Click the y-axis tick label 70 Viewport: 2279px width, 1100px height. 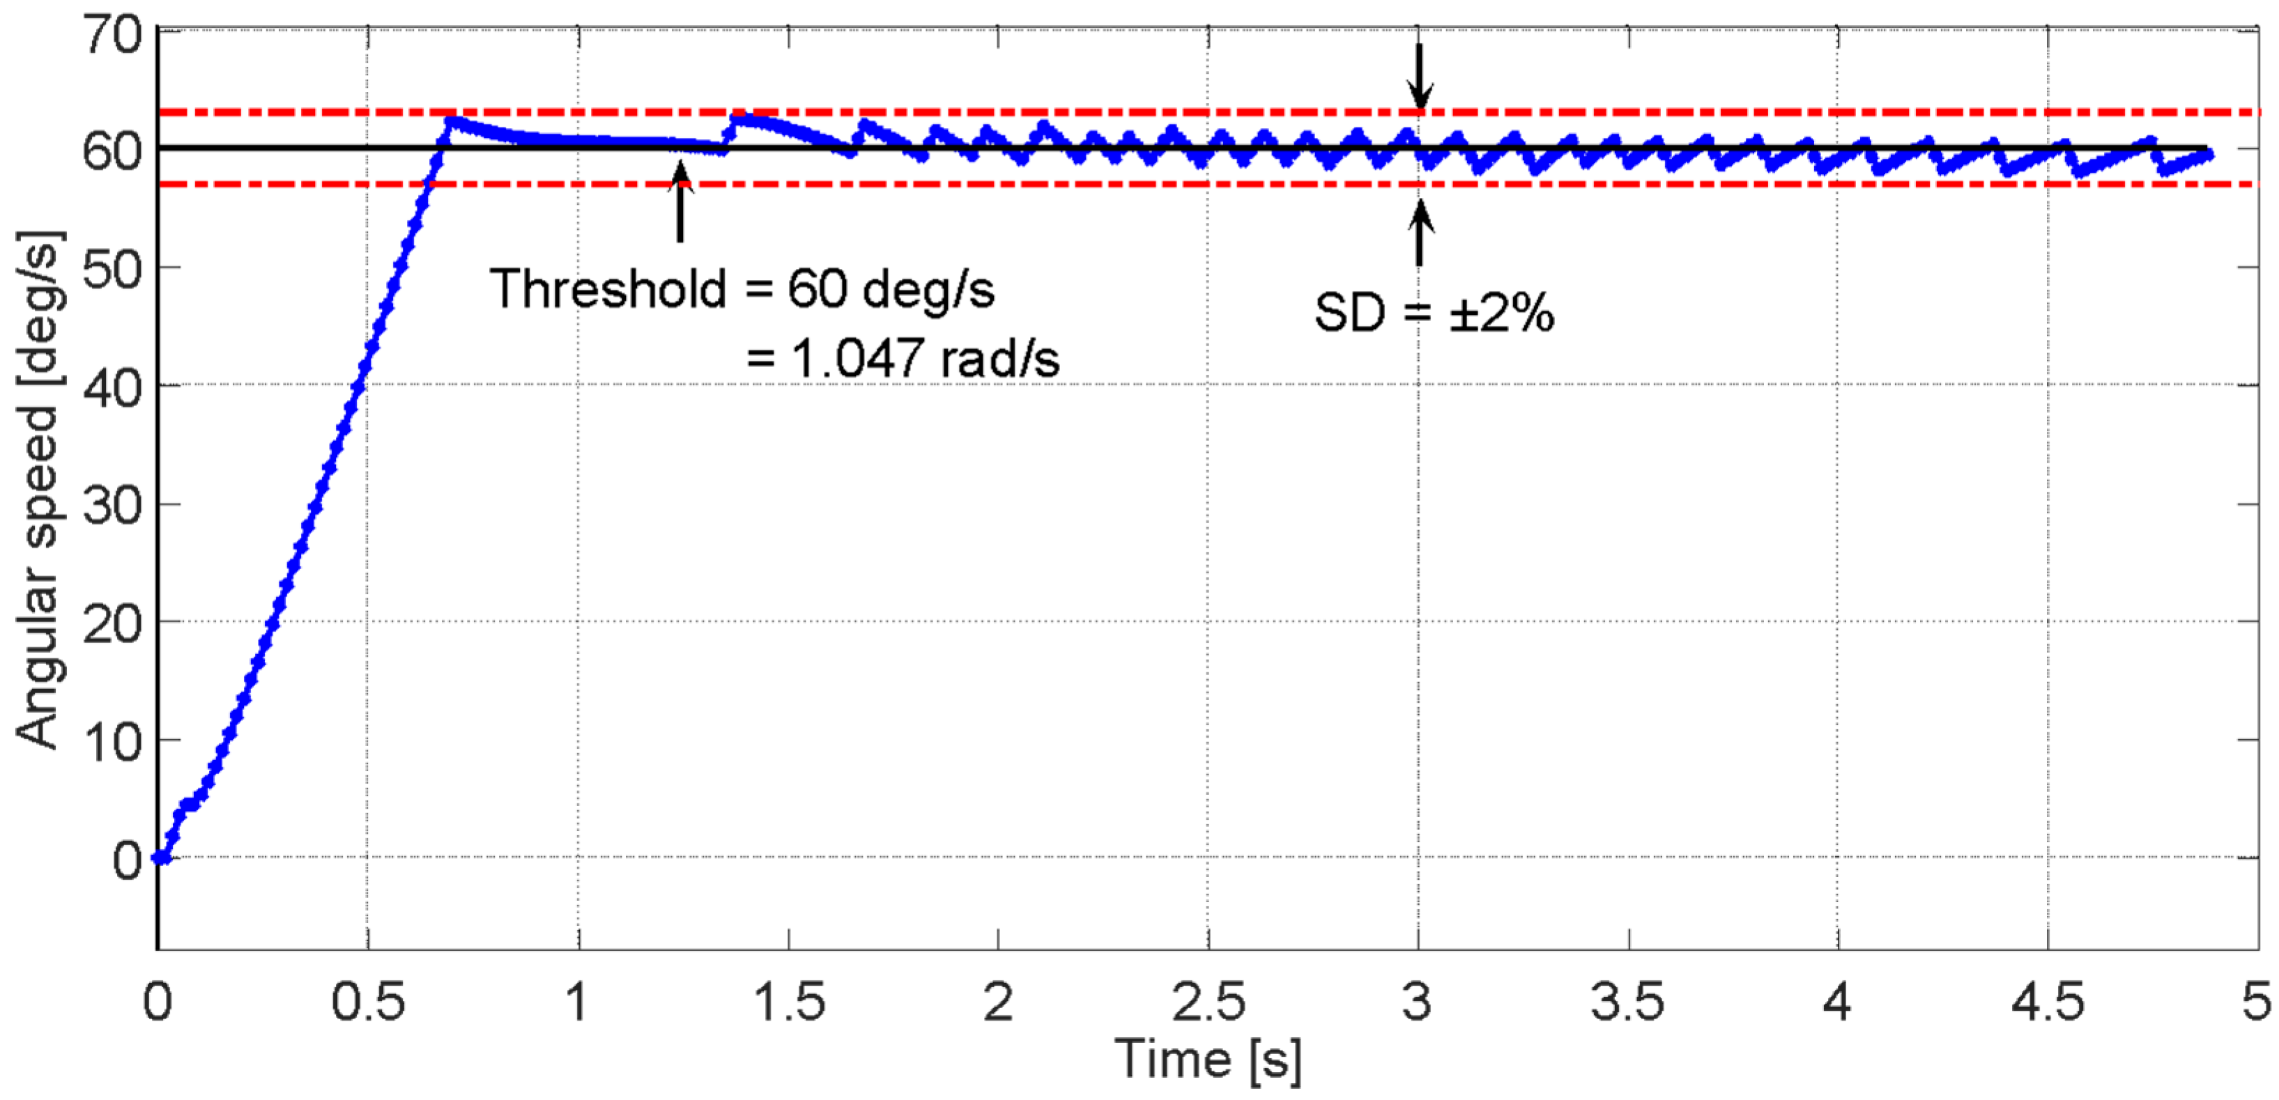tap(113, 37)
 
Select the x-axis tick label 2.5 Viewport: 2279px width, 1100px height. tap(1208, 1002)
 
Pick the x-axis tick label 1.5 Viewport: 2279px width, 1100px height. tap(788, 1002)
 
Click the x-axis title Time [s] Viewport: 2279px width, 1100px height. tap(1208, 1058)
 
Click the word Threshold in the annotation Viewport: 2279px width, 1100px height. tap(608, 289)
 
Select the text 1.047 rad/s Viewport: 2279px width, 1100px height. tap(926, 359)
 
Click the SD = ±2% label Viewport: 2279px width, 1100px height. tap(1433, 312)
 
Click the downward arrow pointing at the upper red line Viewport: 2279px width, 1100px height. tap(1419, 76)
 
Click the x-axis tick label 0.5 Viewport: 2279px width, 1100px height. tap(368, 1002)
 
